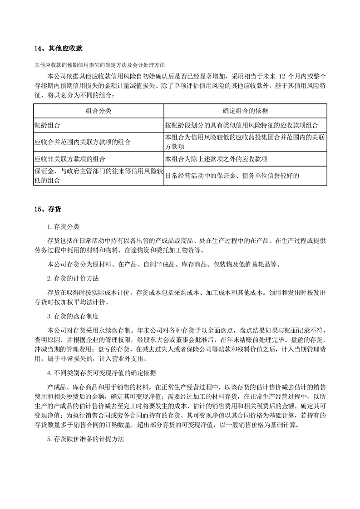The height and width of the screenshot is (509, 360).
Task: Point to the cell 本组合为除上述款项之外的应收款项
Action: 216,159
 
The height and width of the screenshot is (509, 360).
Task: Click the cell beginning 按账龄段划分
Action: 242,125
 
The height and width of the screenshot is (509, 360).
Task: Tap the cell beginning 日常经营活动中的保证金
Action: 232,176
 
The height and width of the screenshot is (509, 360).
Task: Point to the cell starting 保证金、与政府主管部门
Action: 98,176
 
